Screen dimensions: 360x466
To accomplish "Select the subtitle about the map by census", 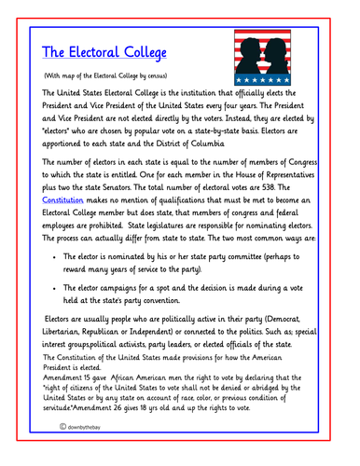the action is [x=106, y=74].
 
